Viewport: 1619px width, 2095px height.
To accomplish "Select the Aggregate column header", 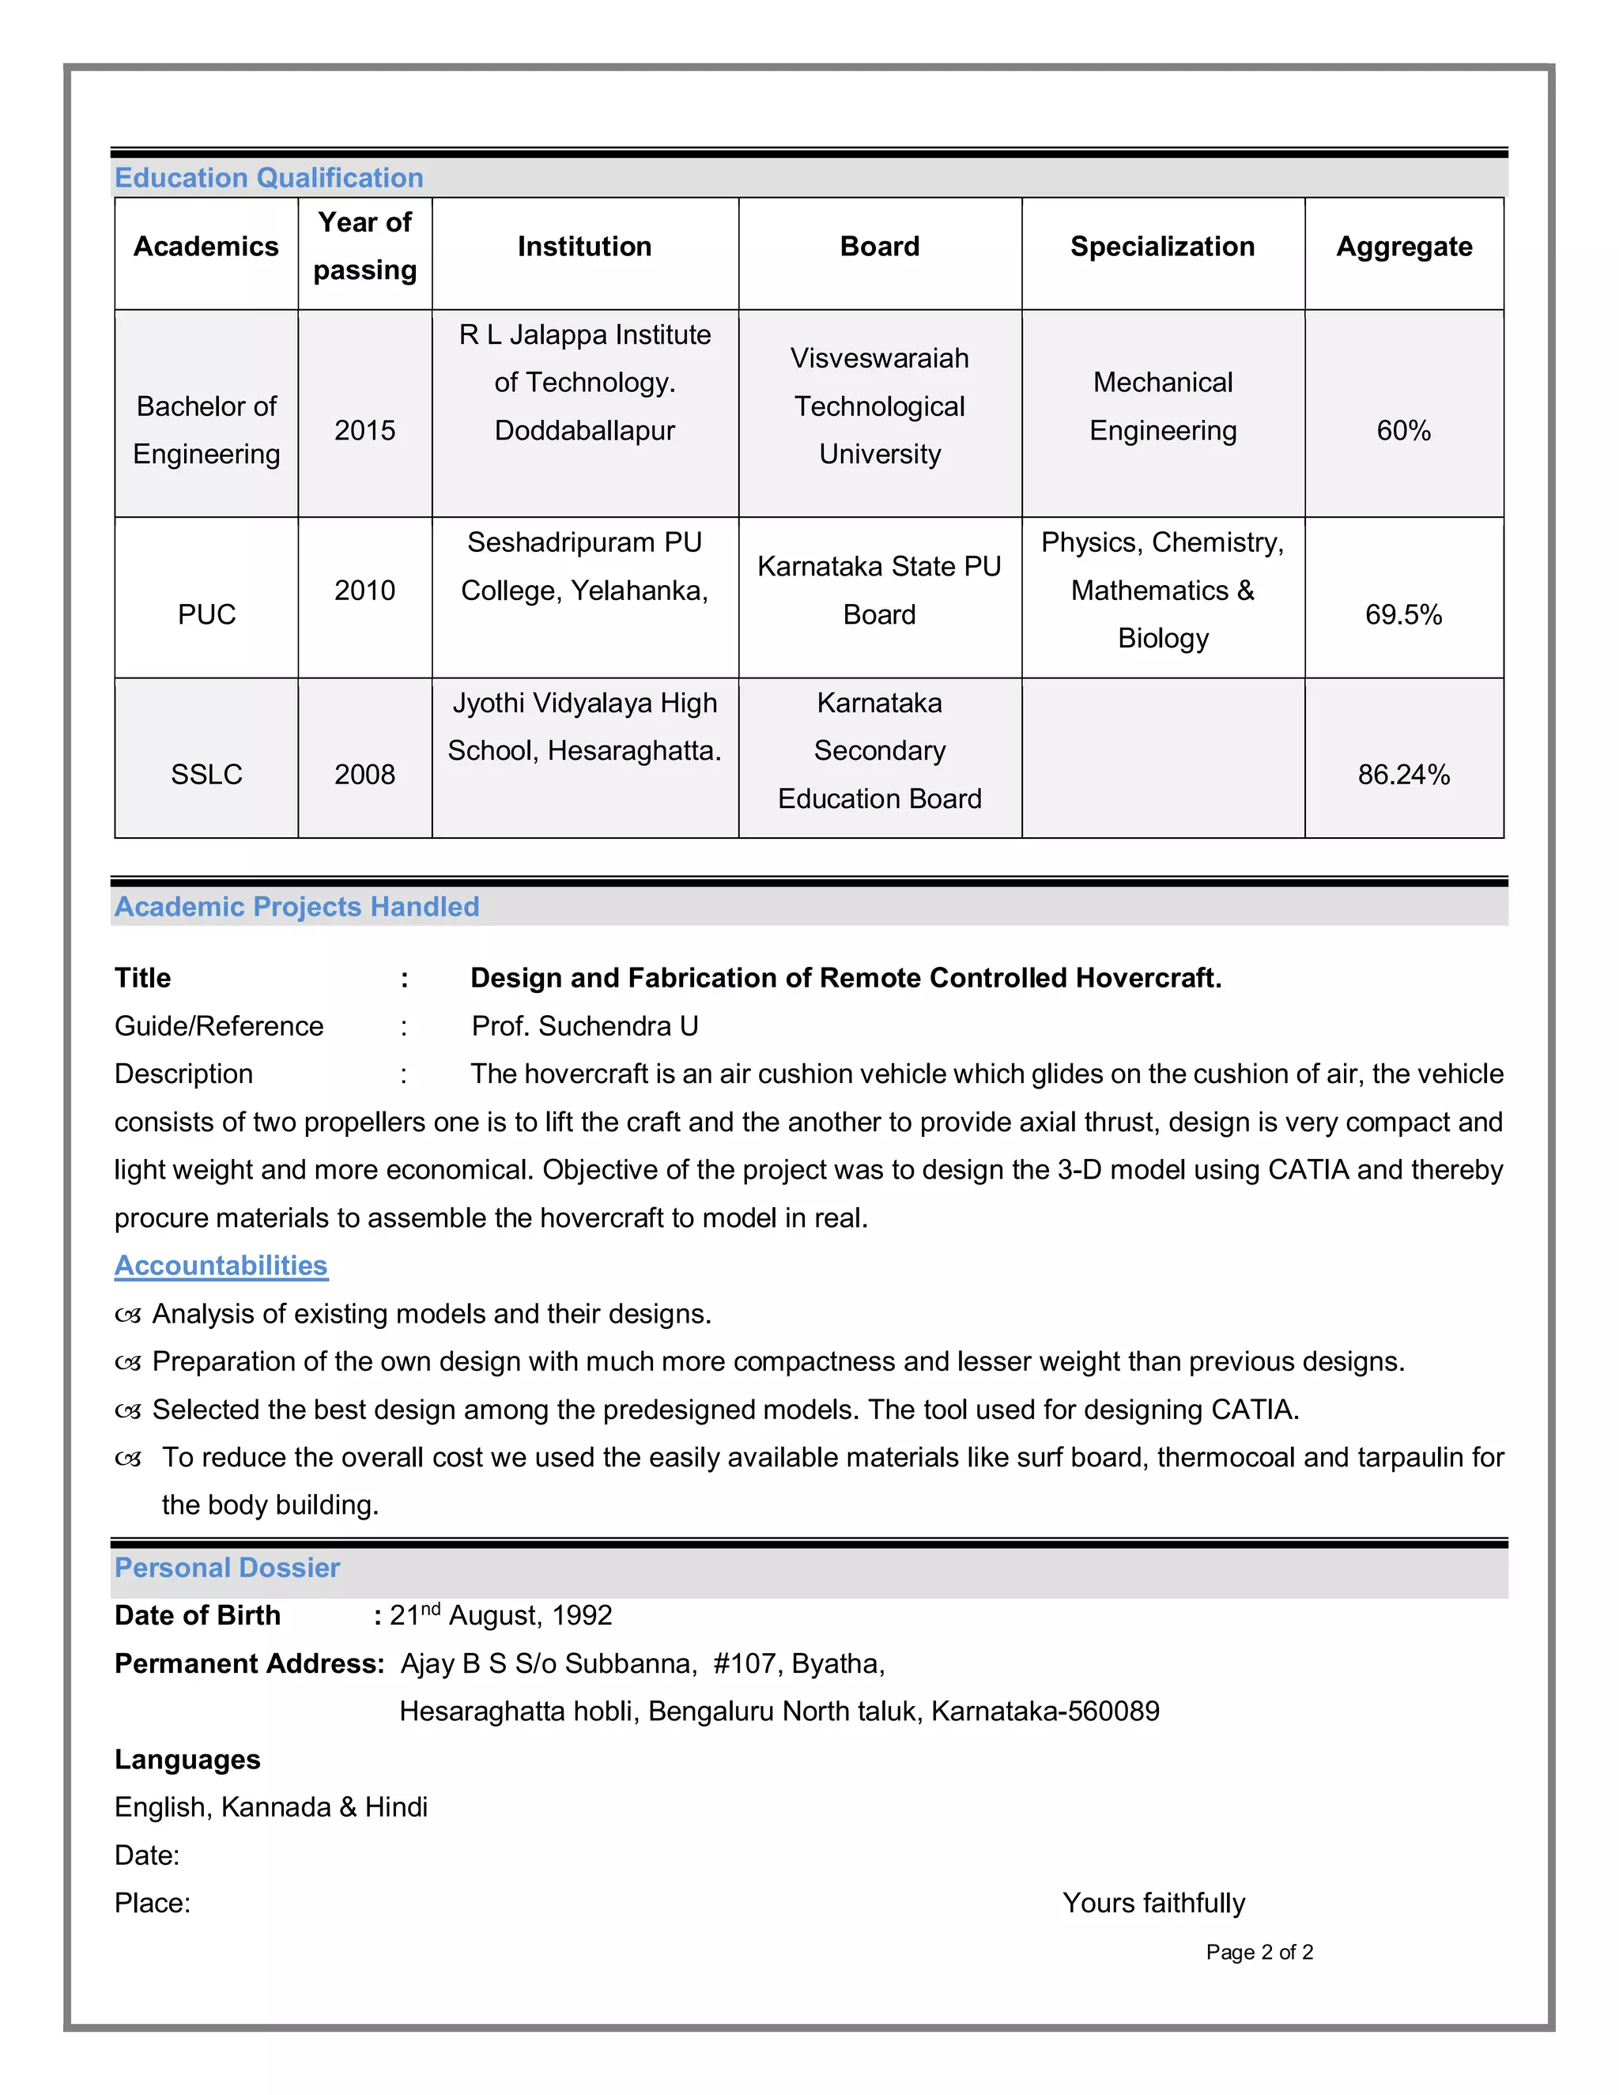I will (1403, 247).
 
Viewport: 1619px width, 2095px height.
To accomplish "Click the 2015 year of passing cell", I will (364, 430).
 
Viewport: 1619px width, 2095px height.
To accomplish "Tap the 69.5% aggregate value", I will (1403, 614).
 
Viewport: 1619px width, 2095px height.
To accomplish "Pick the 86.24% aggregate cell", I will (1403, 774).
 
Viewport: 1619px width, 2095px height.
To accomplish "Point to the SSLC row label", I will (206, 774).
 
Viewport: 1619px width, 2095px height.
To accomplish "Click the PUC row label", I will (206, 614).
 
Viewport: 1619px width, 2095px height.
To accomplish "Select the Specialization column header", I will (1162, 247).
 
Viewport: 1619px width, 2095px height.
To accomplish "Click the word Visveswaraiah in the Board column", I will (880, 358).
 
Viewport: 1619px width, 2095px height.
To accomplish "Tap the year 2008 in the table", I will (364, 774).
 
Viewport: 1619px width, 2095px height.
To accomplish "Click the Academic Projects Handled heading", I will (296, 907).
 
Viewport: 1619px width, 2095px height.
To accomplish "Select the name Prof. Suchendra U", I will (584, 1025).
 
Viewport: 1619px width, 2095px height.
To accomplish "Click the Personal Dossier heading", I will (228, 1568).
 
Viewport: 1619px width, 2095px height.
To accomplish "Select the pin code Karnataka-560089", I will (1044, 1712).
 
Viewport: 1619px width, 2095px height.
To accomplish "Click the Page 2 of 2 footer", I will (1259, 1952).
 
